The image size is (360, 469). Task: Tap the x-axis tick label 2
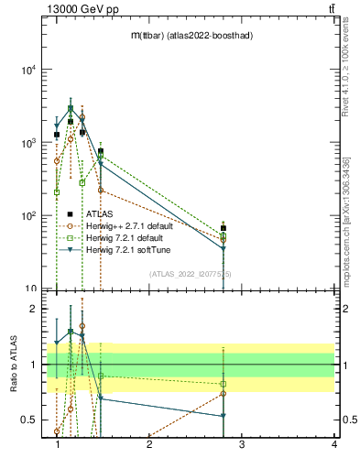[149, 445]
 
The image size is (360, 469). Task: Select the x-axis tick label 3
[242, 445]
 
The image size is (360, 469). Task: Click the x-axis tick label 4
[333, 445]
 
